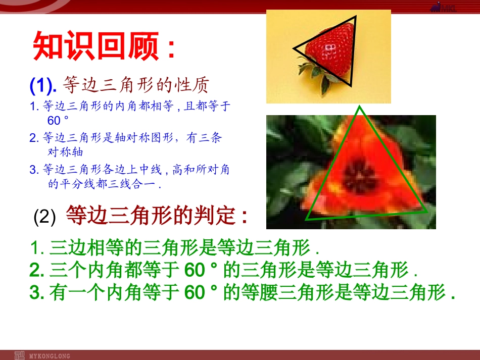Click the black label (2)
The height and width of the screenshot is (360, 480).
coord(44,218)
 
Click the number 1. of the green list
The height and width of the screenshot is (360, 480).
coord(38,248)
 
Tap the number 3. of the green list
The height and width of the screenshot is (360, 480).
coord(37,293)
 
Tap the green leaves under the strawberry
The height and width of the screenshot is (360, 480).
coord(316,76)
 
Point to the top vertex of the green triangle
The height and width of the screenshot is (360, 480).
coord(359,107)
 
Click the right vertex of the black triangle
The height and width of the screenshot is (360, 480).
coord(356,17)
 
